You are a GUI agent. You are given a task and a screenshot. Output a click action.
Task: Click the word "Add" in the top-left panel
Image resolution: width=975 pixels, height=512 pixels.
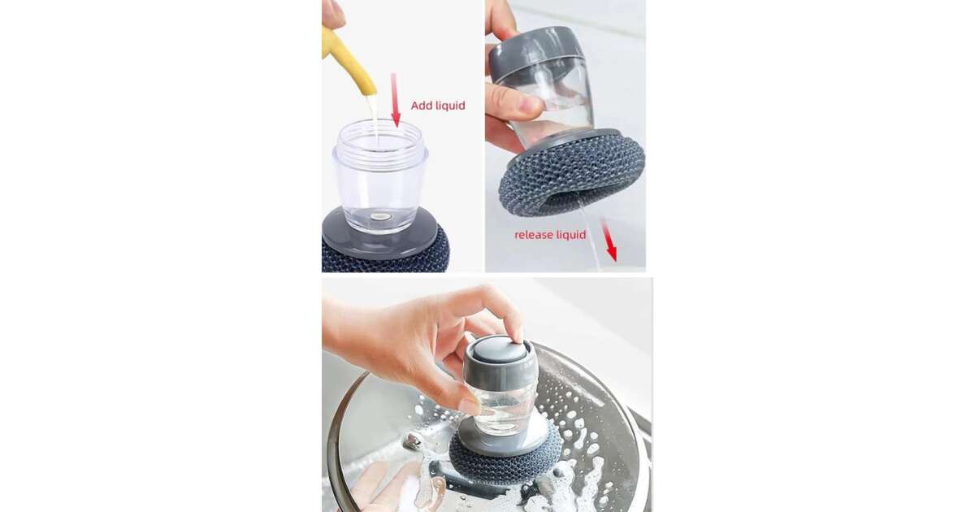click(x=422, y=106)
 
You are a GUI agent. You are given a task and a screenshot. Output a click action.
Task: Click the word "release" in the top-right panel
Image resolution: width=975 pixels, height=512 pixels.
click(x=531, y=235)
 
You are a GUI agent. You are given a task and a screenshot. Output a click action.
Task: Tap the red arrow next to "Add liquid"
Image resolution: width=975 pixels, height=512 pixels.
click(x=395, y=100)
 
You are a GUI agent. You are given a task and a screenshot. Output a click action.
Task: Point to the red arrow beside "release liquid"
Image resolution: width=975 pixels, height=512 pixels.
click(x=609, y=241)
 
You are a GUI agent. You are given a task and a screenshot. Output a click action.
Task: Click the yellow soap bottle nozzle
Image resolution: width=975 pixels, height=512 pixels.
click(x=349, y=61)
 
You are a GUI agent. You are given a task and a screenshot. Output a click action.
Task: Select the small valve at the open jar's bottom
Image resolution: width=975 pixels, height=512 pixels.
click(x=380, y=216)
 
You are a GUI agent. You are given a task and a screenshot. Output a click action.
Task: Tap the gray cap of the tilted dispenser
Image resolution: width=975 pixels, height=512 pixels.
click(x=535, y=51)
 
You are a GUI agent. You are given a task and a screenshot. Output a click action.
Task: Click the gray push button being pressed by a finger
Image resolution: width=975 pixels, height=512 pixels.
click(x=499, y=349)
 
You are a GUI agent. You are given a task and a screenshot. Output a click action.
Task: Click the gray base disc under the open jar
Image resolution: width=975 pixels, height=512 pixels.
click(x=380, y=235)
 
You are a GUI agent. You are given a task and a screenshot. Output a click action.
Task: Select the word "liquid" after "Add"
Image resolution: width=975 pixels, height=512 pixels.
click(x=450, y=106)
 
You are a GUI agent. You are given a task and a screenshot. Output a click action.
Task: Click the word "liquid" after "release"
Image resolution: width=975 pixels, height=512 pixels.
click(x=570, y=235)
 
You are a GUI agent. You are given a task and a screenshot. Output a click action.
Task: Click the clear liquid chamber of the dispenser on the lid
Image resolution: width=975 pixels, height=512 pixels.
click(x=505, y=407)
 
